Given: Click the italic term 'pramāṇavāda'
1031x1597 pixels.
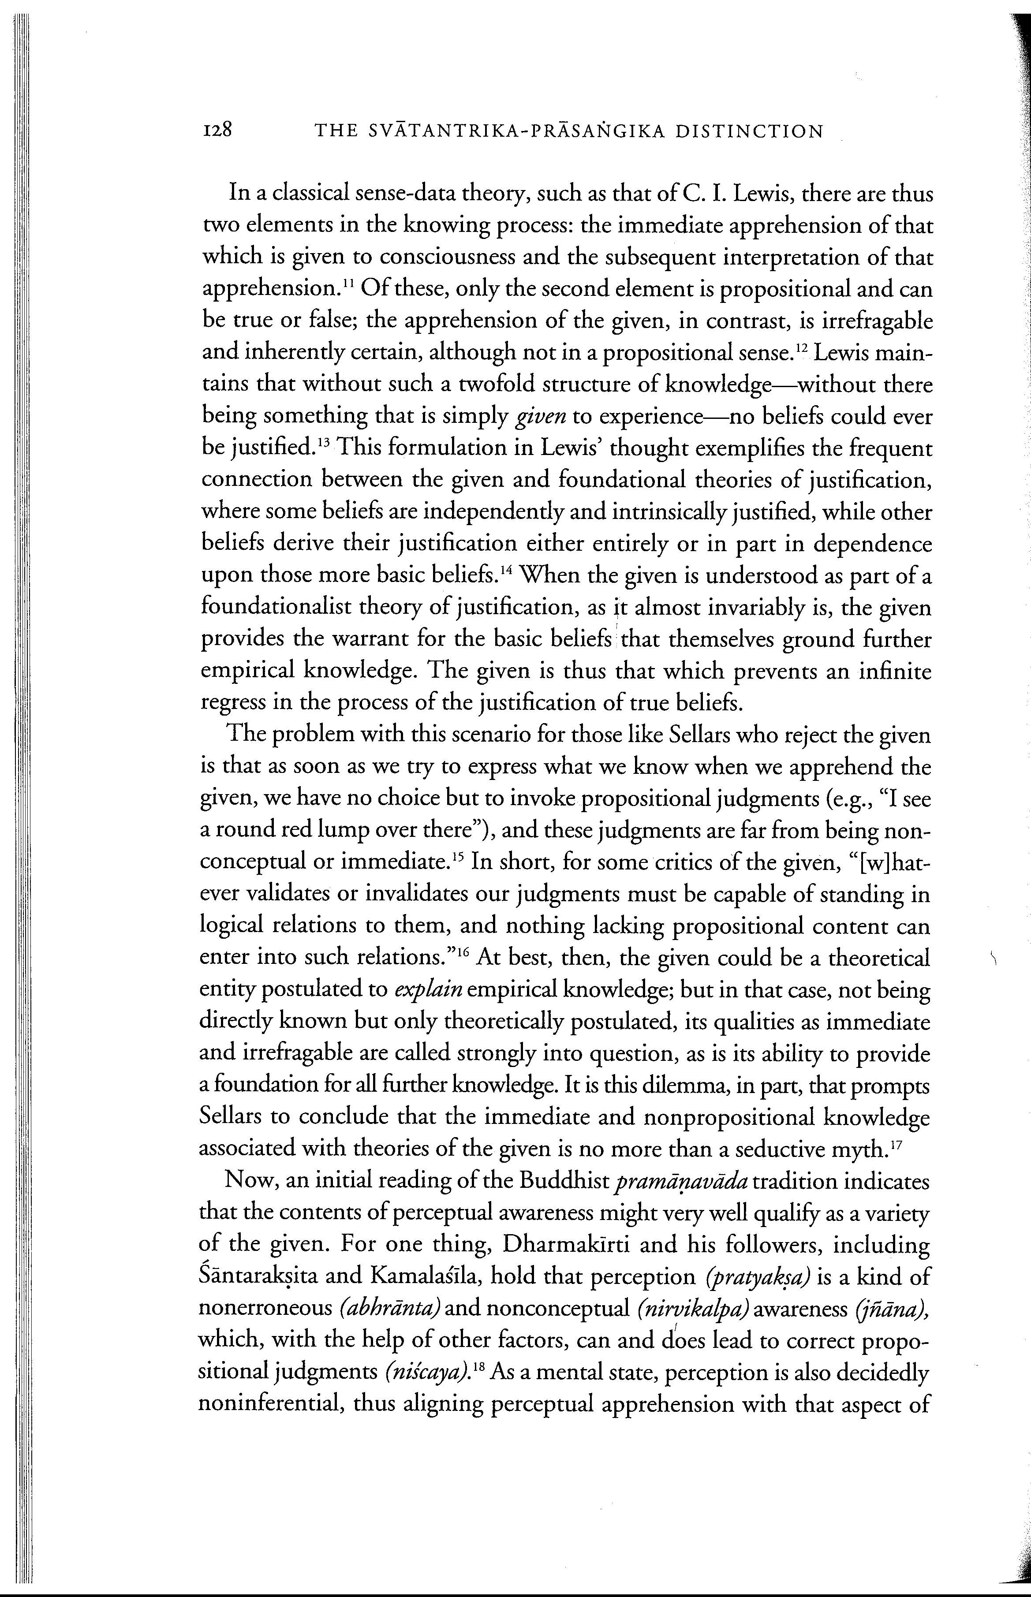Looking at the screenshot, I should (680, 1183).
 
